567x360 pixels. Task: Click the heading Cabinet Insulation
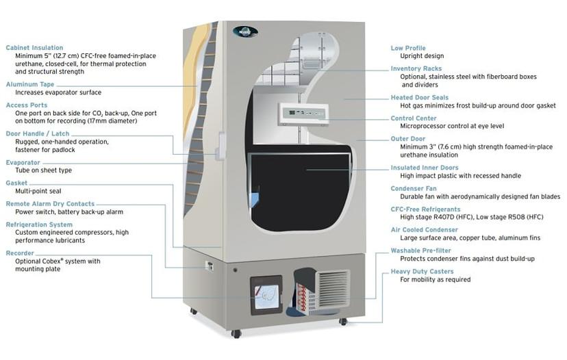(34, 48)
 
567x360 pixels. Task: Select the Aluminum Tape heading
(30, 84)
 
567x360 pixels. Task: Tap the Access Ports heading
(27, 105)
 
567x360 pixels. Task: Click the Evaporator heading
(23, 162)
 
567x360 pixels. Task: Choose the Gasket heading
(16, 183)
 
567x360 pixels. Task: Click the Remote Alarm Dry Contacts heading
(50, 204)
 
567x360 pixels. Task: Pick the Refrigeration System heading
(39, 224)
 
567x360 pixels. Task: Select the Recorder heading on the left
(20, 253)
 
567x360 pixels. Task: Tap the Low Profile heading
(408, 48)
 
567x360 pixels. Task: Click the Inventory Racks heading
(416, 68)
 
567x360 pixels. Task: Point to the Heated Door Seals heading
(420, 97)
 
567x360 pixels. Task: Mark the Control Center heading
(414, 118)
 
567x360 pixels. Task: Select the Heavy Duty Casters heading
(422, 271)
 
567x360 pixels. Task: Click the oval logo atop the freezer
(245, 31)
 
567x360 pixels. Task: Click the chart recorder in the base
(266, 294)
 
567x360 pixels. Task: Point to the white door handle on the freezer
(221, 144)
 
